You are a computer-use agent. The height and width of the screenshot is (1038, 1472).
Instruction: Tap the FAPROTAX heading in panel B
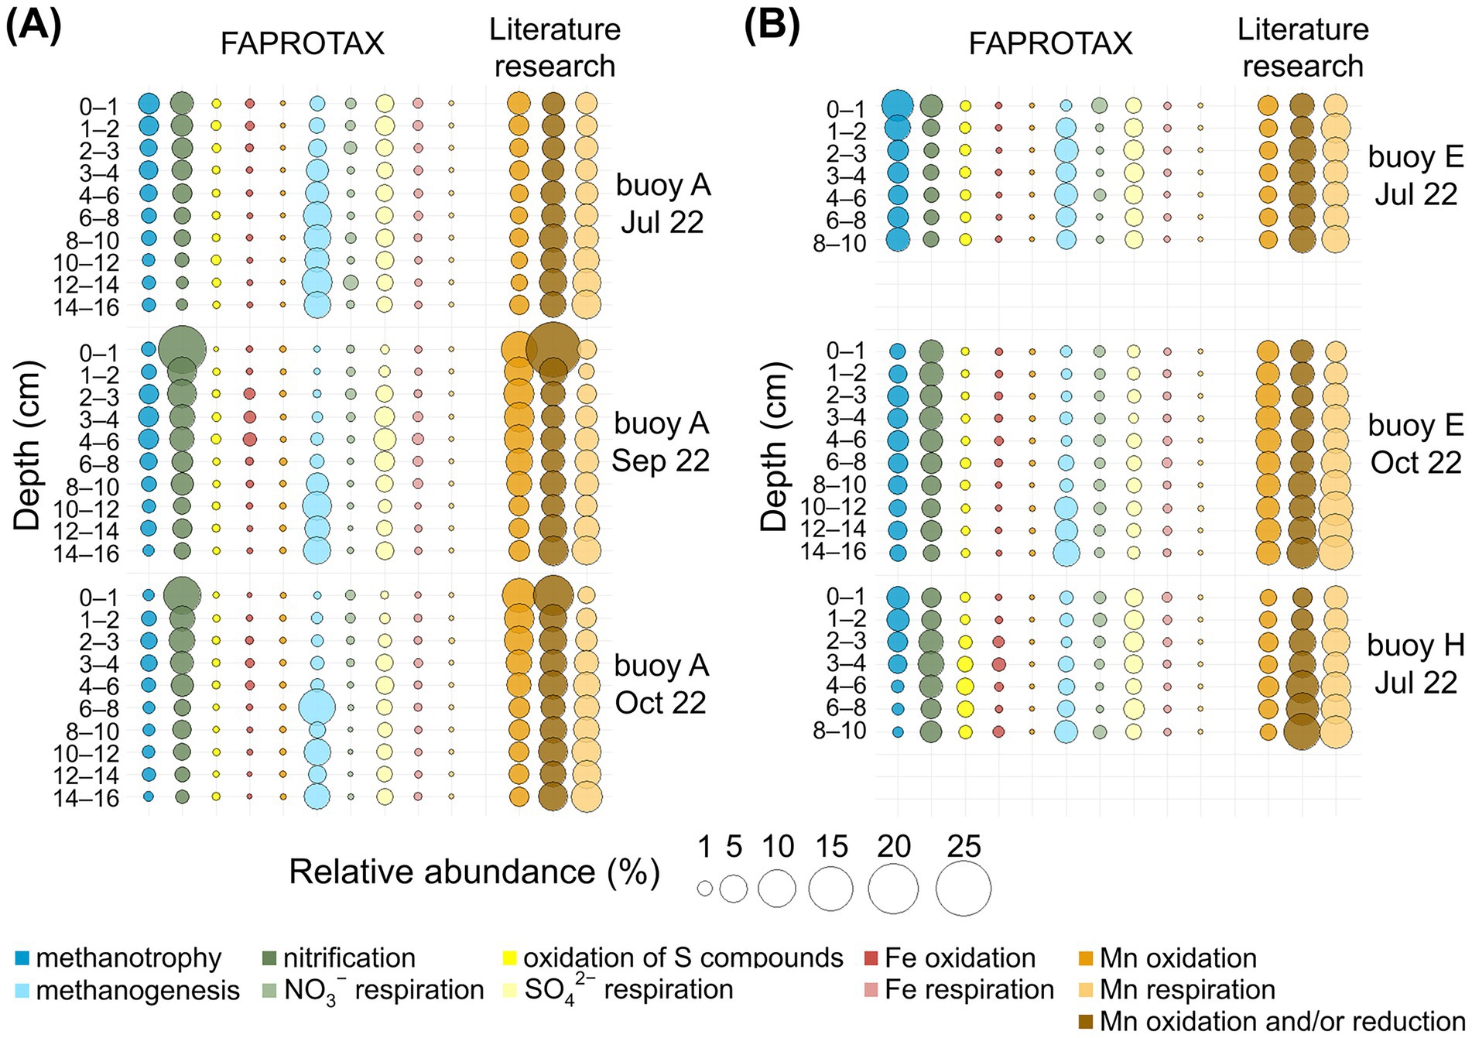point(1050,44)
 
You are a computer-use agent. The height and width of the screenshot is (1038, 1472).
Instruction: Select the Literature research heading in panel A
point(555,48)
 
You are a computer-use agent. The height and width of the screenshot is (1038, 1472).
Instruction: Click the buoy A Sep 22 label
point(661,442)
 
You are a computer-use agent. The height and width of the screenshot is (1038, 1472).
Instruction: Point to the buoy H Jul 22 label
point(1416,663)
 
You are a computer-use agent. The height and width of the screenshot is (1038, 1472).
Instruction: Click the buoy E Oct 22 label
point(1416,444)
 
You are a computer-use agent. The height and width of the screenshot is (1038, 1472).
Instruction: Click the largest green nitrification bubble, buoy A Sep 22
point(182,349)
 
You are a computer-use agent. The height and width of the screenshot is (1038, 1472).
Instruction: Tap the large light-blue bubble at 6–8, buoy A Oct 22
point(317,707)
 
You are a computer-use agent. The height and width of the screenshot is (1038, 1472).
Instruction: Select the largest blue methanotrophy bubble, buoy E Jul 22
point(898,105)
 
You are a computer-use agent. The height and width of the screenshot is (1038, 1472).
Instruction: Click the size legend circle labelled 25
point(964,889)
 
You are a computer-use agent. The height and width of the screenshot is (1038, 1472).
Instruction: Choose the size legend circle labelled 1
point(704,889)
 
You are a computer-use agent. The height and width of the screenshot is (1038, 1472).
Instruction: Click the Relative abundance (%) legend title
point(474,872)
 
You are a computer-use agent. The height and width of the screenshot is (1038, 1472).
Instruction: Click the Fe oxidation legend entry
point(960,958)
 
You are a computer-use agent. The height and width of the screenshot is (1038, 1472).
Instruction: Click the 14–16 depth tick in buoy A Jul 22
point(87,307)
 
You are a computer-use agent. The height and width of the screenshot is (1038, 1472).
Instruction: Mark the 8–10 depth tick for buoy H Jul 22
point(840,731)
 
